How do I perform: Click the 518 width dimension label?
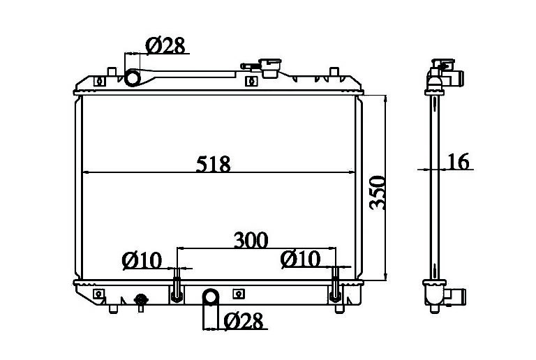[x=214, y=164]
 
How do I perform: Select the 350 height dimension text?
[x=378, y=193]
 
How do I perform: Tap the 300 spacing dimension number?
[x=251, y=240]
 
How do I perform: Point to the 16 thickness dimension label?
[x=459, y=162]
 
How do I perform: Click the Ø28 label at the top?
[x=165, y=45]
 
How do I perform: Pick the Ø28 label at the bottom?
[x=244, y=321]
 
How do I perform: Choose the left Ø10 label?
[x=142, y=261]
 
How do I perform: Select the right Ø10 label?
[x=300, y=259]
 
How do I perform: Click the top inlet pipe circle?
[x=133, y=77]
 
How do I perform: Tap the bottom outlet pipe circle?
[x=211, y=297]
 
